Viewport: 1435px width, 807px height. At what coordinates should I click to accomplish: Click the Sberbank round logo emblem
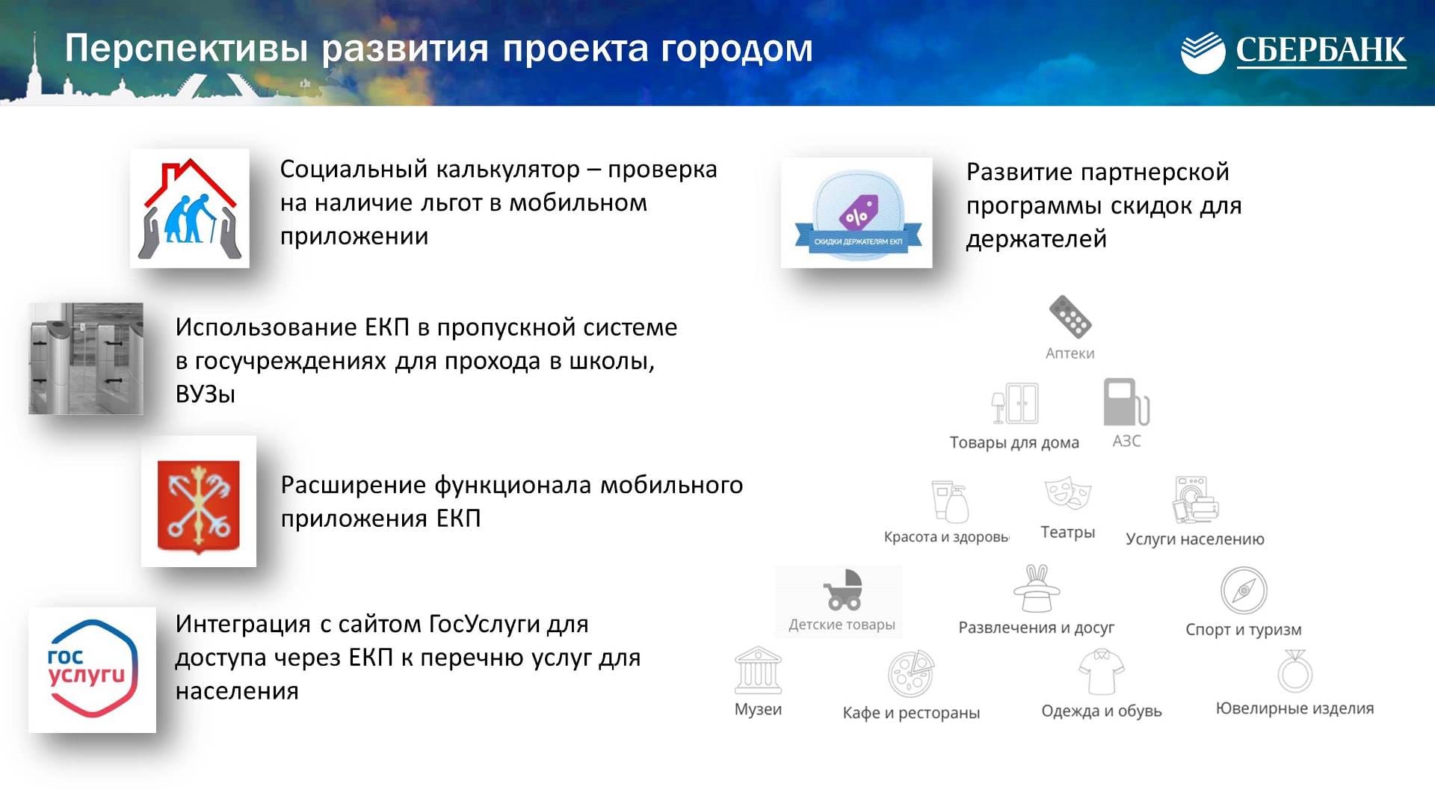(x=1203, y=52)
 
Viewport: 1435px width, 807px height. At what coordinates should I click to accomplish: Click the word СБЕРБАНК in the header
(x=1321, y=50)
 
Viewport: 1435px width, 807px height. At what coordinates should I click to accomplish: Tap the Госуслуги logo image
(x=92, y=669)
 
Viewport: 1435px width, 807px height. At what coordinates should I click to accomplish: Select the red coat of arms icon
(x=199, y=507)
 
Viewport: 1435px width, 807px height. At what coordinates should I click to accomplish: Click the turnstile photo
(x=86, y=359)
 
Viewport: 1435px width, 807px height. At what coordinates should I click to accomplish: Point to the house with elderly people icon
(x=190, y=208)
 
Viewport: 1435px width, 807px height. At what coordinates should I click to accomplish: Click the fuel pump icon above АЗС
(x=1126, y=402)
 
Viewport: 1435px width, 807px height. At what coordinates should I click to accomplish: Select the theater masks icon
(x=1068, y=494)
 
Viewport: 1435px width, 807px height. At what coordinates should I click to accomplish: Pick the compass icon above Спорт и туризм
(x=1244, y=590)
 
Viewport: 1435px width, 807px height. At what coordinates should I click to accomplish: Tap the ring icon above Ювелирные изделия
(x=1294, y=671)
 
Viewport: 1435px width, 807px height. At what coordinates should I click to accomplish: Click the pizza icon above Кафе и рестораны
(x=911, y=673)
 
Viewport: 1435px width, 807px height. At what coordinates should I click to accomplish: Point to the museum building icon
(x=758, y=670)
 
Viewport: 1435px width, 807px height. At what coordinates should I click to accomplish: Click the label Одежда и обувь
(x=1102, y=711)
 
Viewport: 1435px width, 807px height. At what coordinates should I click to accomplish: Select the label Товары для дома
(x=1014, y=442)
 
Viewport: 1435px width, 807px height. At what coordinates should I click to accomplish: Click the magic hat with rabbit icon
(x=1037, y=589)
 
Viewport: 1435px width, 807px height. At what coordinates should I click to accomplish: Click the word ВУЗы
(x=206, y=394)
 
